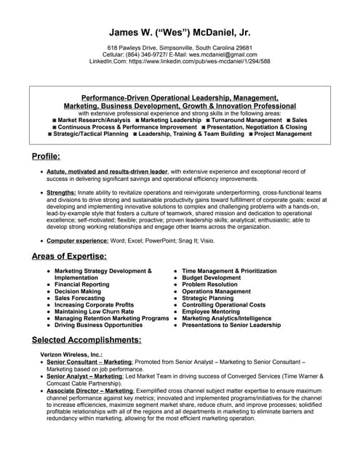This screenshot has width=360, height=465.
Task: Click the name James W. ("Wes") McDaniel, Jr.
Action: click(180, 32)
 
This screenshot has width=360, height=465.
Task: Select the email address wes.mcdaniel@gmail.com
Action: click(221, 54)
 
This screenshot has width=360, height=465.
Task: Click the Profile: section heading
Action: click(46, 156)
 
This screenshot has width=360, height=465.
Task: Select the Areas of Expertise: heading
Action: click(69, 256)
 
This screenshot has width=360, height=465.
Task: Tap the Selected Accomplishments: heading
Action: click(87, 339)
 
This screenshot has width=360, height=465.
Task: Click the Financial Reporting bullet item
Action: click(82, 284)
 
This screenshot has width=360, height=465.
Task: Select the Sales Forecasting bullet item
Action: click(79, 298)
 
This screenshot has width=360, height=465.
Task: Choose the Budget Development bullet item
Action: click(211, 278)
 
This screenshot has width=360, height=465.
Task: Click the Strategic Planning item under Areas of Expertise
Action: click(208, 298)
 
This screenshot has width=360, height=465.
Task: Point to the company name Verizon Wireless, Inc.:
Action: click(71, 354)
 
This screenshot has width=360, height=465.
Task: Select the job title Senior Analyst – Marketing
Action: click(84, 376)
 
